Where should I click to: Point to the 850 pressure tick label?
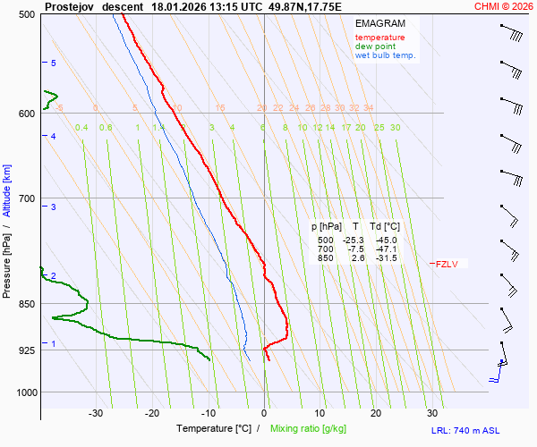coord(25,304)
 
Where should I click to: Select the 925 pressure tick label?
coord(25,350)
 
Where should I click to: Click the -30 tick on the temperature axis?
coord(96,413)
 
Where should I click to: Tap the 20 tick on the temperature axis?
coord(376,413)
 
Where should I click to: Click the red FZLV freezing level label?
coord(447,264)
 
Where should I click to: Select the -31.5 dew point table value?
coord(383,258)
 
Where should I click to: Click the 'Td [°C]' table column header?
coord(383,227)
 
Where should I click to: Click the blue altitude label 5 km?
coord(54,63)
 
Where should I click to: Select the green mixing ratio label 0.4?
coord(81,128)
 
